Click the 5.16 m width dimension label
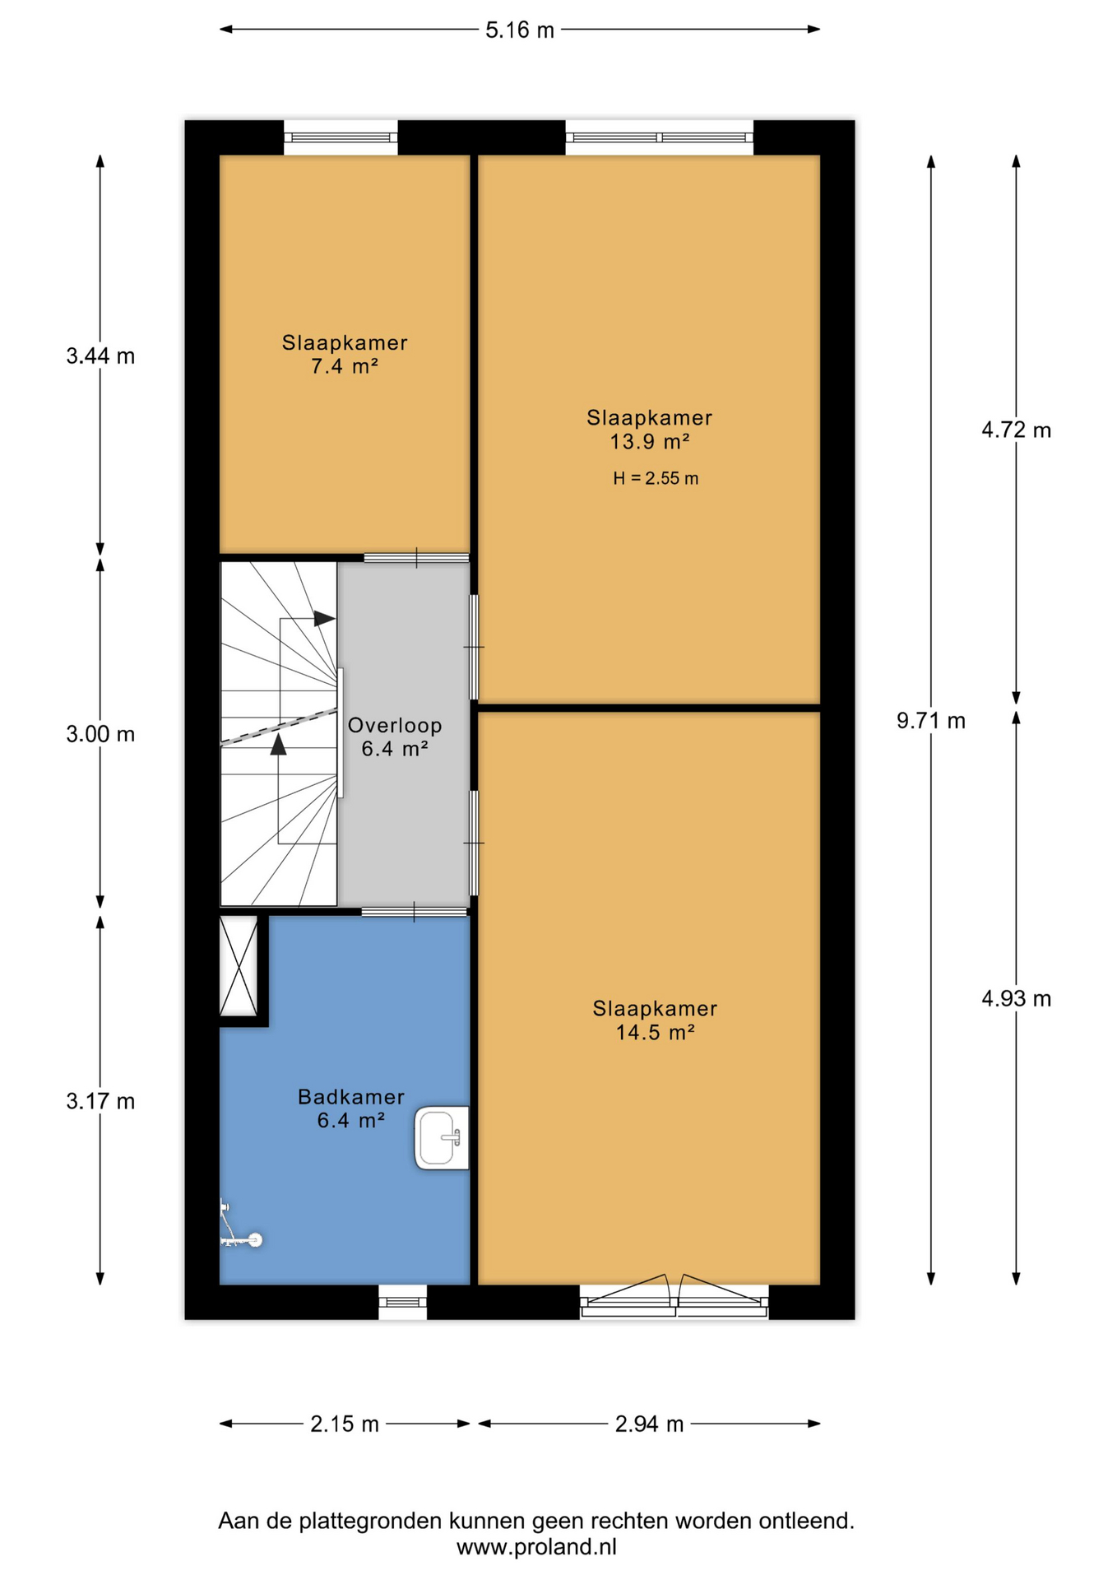[520, 30]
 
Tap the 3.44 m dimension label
[100, 356]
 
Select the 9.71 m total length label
[931, 721]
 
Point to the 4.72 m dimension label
[1017, 430]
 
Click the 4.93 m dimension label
[1017, 998]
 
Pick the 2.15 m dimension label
[345, 1424]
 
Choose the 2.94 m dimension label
[650, 1424]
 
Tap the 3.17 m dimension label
[100, 1101]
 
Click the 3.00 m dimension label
[100, 734]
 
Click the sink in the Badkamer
[443, 1138]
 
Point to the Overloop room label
[395, 725]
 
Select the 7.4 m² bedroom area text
[345, 366]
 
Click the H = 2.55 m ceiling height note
[656, 478]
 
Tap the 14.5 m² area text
[656, 1032]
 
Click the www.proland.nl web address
[536, 1547]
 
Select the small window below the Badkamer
[403, 1302]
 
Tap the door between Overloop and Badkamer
[415, 911]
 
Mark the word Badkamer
[351, 1097]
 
